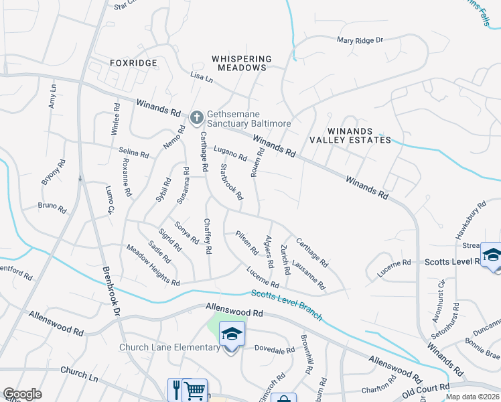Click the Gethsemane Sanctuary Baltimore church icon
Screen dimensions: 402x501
point(196,119)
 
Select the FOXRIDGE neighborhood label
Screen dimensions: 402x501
point(134,63)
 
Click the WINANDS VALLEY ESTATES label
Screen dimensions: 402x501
point(350,135)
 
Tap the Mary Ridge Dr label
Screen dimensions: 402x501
point(360,41)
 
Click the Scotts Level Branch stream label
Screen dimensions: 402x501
point(287,305)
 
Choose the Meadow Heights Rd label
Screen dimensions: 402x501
point(153,265)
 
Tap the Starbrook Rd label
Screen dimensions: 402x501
point(231,182)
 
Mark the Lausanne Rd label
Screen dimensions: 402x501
point(309,275)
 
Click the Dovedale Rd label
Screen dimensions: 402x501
point(275,350)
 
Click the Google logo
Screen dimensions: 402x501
point(22,394)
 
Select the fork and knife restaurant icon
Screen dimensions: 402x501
point(177,388)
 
